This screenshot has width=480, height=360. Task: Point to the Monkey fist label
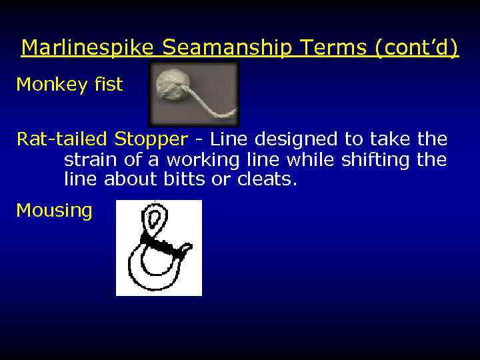tap(69, 85)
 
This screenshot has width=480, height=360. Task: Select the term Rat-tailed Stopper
tap(102, 139)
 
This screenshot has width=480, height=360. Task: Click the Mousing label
tap(54, 211)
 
